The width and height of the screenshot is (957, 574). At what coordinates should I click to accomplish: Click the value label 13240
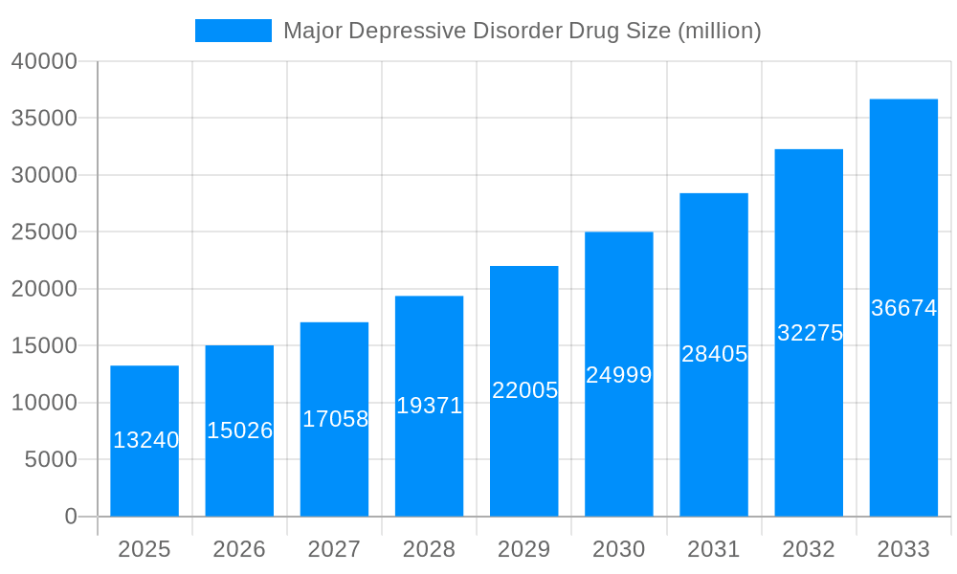point(145,440)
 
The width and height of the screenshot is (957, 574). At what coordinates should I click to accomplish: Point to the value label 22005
point(524,390)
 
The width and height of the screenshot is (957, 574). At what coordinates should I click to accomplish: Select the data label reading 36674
point(903,308)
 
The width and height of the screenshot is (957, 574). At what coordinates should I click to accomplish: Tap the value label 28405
point(714,354)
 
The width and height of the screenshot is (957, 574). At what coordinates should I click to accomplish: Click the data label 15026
point(239,430)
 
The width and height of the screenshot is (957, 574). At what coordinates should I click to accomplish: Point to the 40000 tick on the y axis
point(44,61)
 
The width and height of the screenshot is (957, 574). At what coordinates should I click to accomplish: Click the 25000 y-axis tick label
point(44,232)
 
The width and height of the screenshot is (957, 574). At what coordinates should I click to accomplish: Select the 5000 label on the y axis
point(50,460)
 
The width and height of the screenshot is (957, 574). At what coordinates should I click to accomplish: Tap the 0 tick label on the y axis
point(71,517)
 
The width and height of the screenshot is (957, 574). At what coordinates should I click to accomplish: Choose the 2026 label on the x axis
point(239,549)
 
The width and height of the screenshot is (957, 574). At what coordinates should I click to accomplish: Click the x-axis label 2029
point(524,549)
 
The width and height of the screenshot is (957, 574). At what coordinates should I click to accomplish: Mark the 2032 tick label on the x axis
point(809,549)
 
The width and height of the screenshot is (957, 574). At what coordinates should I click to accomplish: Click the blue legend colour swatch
point(233,31)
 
